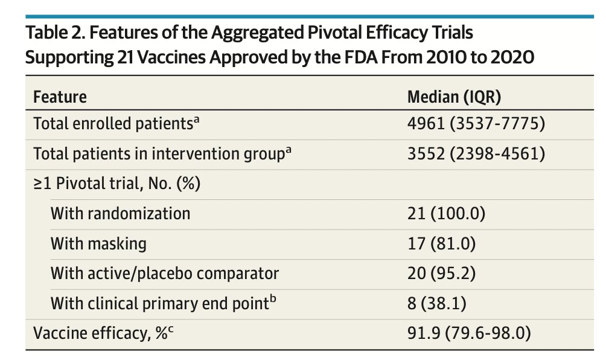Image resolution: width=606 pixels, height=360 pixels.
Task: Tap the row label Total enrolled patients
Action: tap(113, 124)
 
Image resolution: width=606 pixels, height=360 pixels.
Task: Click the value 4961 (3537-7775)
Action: tap(476, 124)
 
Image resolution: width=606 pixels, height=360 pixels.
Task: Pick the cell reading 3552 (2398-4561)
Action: tap(476, 154)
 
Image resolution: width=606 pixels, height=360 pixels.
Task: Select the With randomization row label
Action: tap(120, 213)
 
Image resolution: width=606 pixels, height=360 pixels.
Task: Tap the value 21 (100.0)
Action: tap(447, 213)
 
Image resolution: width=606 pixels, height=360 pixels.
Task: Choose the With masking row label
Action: tap(98, 243)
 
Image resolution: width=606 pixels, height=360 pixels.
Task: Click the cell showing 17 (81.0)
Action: tap(442, 243)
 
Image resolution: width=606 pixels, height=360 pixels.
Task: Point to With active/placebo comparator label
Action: tap(164, 273)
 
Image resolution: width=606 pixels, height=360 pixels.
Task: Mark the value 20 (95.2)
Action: tap(442, 273)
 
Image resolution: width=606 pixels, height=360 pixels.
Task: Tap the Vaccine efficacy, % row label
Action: tap(96, 332)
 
